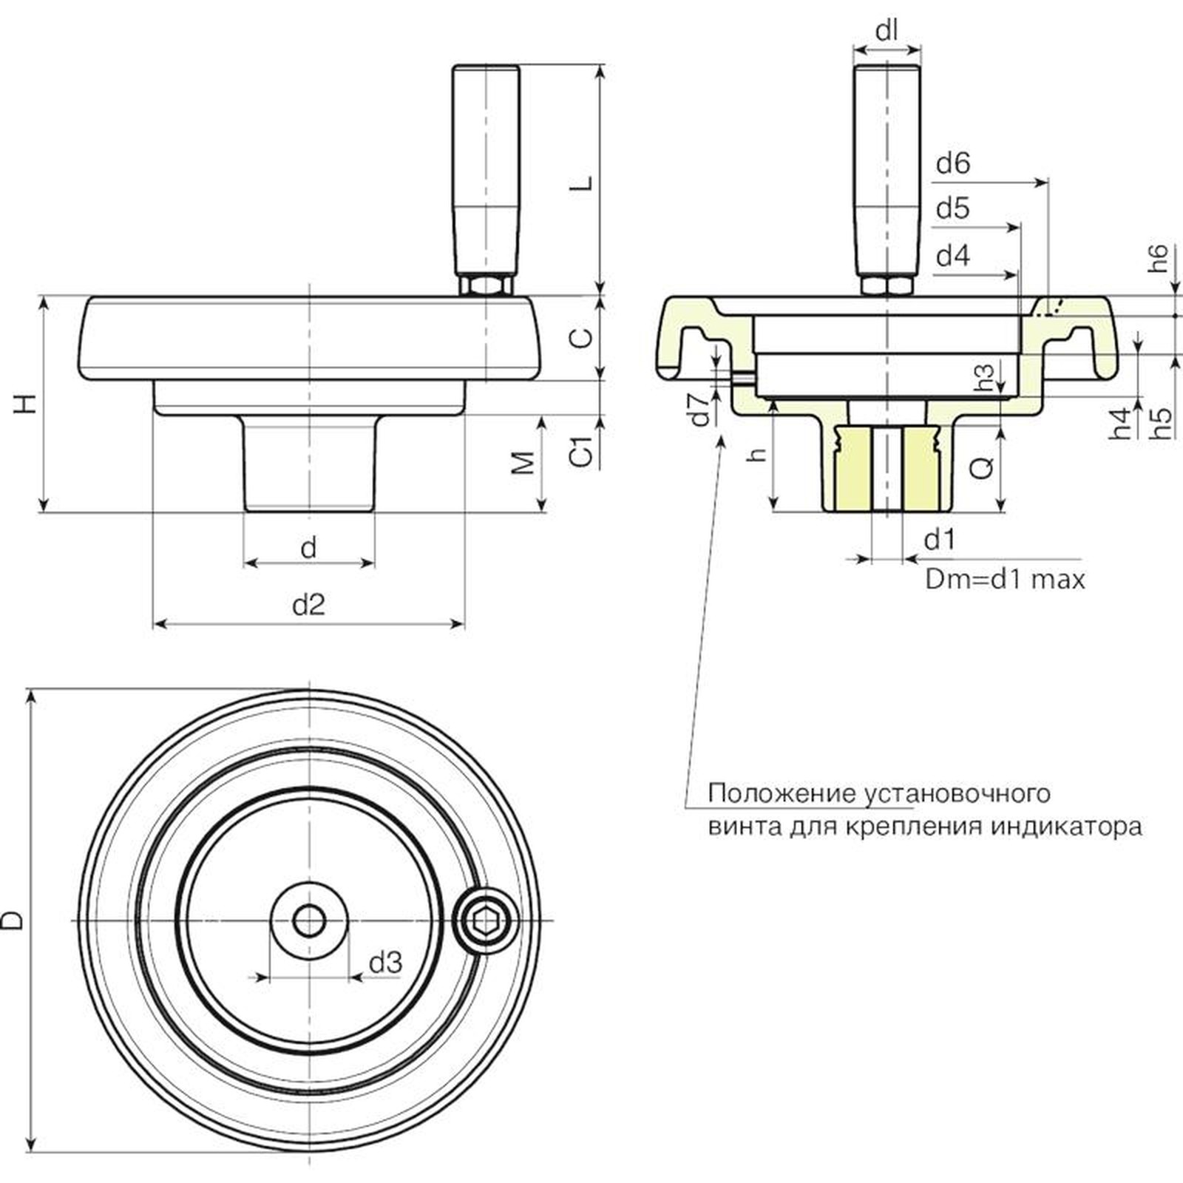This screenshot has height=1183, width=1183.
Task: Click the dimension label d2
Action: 308,605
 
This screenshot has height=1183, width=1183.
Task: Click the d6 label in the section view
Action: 952,163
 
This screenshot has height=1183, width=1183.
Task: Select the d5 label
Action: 952,209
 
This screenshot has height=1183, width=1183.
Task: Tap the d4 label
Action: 952,256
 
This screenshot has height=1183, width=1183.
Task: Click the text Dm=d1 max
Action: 1005,579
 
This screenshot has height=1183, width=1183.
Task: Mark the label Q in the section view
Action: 981,466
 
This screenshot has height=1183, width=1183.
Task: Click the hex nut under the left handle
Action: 485,285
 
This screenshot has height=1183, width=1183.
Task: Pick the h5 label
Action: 1162,424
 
